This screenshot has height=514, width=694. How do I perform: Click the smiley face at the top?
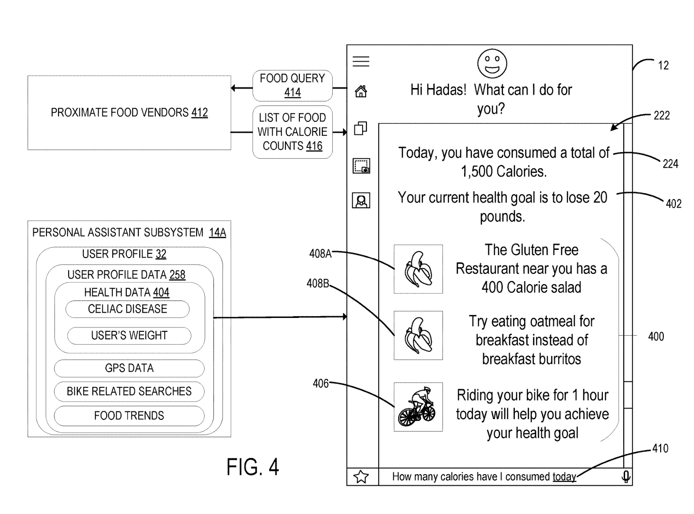[492, 63]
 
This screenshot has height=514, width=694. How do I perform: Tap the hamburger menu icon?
[361, 62]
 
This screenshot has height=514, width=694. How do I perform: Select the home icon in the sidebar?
[361, 92]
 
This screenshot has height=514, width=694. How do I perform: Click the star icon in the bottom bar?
[361, 477]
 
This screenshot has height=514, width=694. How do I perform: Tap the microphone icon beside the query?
[626, 477]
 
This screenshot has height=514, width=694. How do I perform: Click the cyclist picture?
[418, 407]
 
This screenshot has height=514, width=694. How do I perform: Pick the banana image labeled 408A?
[418, 269]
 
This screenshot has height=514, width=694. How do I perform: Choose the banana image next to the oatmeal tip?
[418, 335]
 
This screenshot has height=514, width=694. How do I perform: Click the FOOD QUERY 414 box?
[292, 85]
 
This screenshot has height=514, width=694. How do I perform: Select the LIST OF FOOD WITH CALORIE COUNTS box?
[292, 132]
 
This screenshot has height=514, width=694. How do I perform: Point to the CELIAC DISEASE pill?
[128, 309]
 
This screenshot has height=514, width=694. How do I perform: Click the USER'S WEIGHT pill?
[129, 336]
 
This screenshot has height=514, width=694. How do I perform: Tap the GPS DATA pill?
[129, 368]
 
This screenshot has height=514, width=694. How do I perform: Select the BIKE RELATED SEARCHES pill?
[129, 392]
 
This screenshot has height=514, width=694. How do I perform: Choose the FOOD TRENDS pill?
[129, 416]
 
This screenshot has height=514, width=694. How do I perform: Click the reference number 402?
[673, 204]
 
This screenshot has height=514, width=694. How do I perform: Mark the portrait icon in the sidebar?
[361, 201]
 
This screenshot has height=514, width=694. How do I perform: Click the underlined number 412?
[200, 113]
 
